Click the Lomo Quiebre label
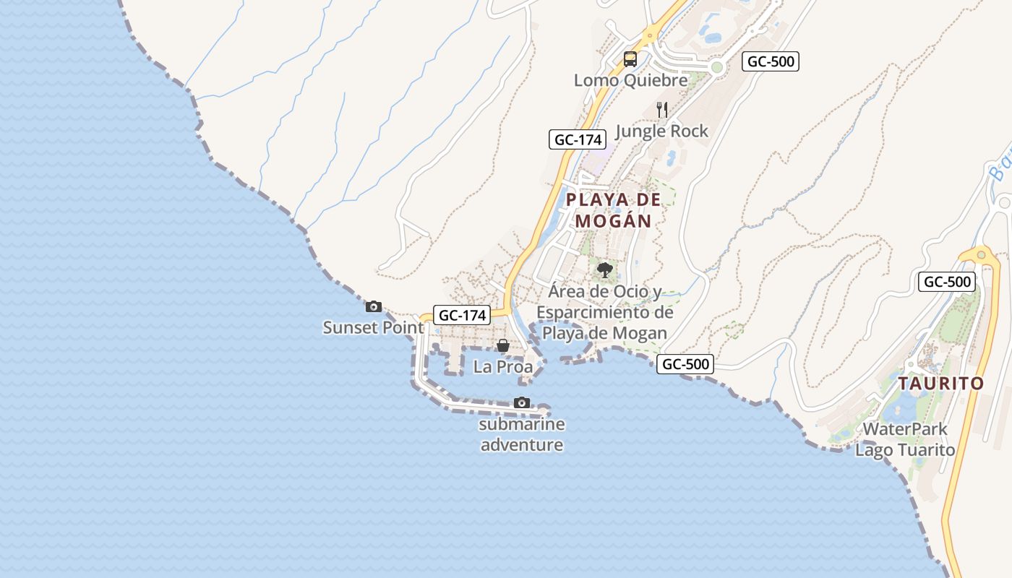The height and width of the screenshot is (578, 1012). (630, 80)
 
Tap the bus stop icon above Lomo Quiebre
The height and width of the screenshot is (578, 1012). (630, 59)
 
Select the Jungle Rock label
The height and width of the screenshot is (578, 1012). (661, 131)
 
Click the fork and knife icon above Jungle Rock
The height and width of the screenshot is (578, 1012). (661, 110)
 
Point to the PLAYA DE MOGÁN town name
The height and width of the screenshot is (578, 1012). (614, 210)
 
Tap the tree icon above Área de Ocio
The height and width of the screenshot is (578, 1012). (605, 270)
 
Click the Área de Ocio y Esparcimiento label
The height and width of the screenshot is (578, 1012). (604, 312)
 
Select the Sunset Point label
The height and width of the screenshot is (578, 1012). (373, 327)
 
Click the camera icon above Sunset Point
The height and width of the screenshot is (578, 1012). (373, 306)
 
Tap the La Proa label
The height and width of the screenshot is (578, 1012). (503, 366)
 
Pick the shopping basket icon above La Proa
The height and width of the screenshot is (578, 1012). (503, 346)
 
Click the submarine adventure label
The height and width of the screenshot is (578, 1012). (522, 434)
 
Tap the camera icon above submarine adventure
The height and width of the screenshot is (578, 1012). (522, 402)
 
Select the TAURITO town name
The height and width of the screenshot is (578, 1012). (941, 383)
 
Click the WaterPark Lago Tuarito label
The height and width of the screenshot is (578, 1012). (905, 439)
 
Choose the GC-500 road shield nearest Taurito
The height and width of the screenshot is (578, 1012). (947, 282)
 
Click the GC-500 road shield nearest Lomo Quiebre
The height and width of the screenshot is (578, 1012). (771, 61)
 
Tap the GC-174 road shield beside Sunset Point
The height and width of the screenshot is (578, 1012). (461, 315)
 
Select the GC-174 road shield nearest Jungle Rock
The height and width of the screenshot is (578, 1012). (577, 139)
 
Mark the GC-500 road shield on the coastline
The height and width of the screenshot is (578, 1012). (685, 364)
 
